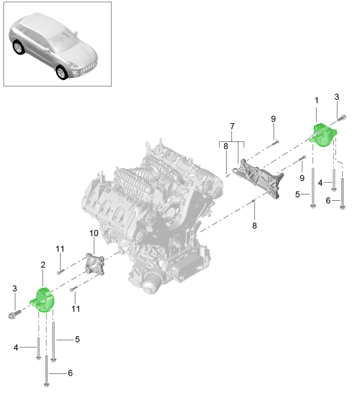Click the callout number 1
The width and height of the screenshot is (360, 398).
point(316,100)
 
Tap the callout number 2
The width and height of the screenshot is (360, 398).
point(43,265)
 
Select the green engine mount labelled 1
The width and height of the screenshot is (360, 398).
point(323,135)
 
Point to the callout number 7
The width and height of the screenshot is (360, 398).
point(231,127)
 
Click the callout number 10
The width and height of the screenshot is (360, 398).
point(94,233)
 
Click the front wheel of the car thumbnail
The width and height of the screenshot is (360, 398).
point(62,72)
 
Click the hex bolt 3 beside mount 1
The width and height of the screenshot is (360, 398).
point(341,118)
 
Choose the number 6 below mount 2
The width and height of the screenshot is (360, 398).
point(69,373)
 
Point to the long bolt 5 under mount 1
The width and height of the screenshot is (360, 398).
point(313,187)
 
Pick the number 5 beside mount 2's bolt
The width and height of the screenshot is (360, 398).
point(77,339)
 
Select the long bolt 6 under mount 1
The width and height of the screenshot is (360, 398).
point(342,193)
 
